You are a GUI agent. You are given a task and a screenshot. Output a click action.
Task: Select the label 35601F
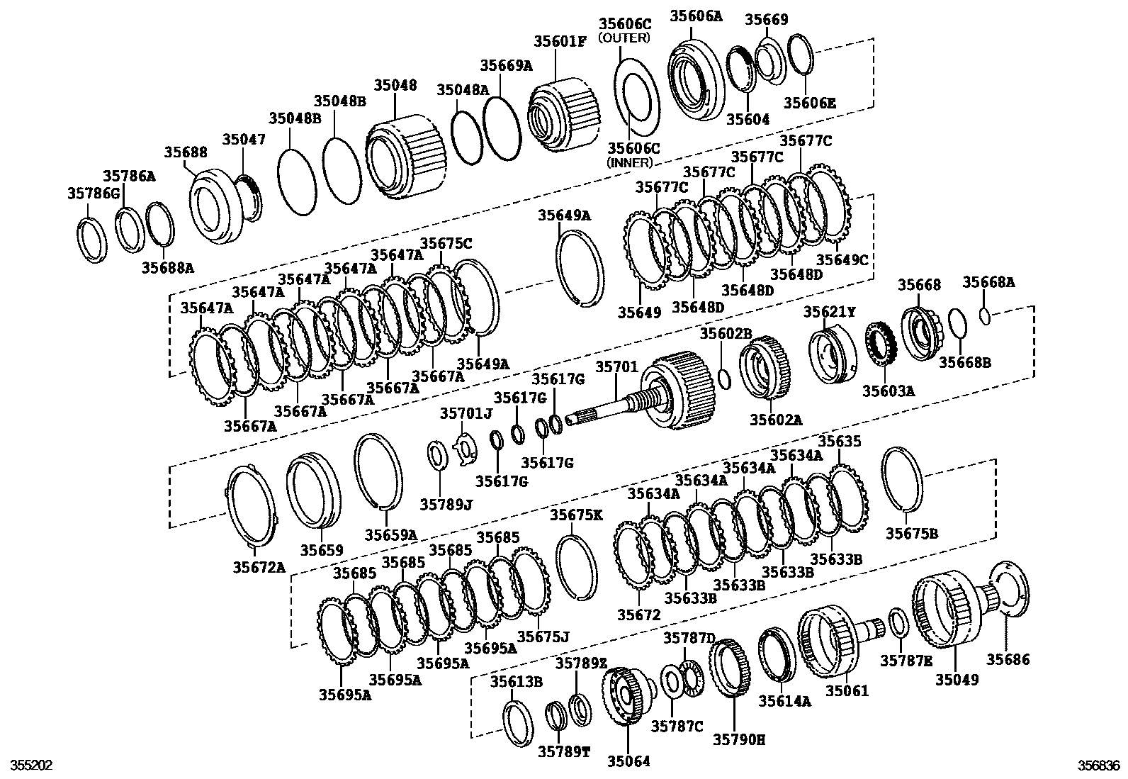pos(560,40)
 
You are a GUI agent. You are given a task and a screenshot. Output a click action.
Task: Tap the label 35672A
pos(259,566)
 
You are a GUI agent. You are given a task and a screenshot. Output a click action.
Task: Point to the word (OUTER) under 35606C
pos(624,38)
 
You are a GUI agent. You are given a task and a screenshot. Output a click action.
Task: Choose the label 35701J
pos(465,413)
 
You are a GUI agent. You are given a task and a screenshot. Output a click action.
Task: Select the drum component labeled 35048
pos(405,159)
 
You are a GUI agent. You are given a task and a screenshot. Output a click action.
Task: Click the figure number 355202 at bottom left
pos(27,766)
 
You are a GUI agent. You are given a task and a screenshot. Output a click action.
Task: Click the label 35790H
pos(738,739)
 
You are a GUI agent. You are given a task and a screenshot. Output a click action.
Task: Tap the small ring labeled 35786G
pos(91,241)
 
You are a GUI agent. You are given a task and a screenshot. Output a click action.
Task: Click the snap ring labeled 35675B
pos(903,478)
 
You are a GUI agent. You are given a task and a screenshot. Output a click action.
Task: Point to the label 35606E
pos(809,103)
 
